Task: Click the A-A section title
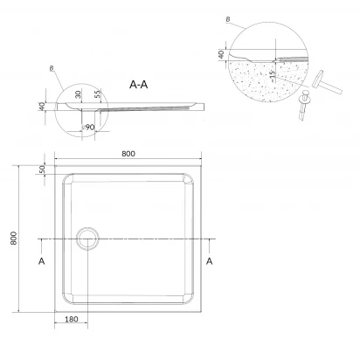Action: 139,85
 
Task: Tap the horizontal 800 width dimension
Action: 128,154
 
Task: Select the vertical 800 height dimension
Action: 13,239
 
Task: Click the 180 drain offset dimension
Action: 72,319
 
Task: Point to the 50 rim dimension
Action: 42,170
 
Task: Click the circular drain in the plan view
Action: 87,239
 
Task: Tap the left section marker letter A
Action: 42,261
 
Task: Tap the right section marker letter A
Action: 210,261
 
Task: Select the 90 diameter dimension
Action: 88,128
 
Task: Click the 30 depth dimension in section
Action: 78,94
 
